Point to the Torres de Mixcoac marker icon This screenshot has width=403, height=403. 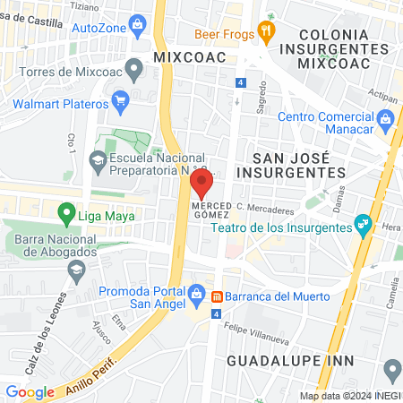coord(134,67)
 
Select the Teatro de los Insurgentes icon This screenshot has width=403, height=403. coord(362,223)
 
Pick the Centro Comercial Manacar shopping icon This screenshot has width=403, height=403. coord(384,117)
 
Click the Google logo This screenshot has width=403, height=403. coord(30,391)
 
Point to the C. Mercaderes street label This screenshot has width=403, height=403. coord(266,211)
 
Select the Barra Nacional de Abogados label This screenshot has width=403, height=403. coord(56,244)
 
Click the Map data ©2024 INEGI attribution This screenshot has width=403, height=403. coord(350,396)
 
